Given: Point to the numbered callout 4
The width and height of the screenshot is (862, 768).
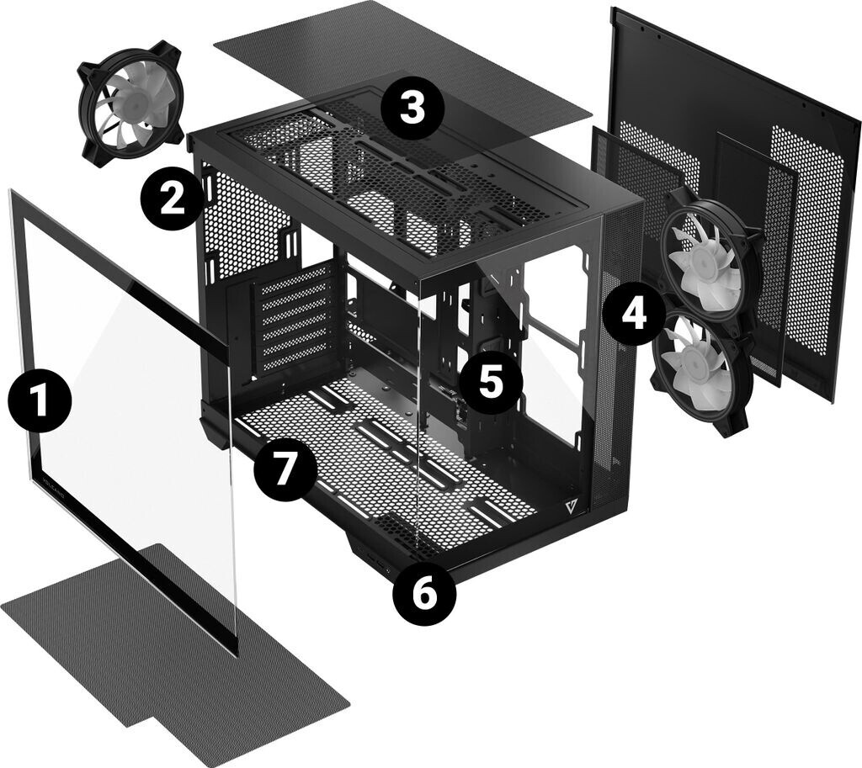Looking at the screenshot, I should click(633, 313).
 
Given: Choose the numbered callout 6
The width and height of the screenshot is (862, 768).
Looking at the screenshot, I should click(424, 595).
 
